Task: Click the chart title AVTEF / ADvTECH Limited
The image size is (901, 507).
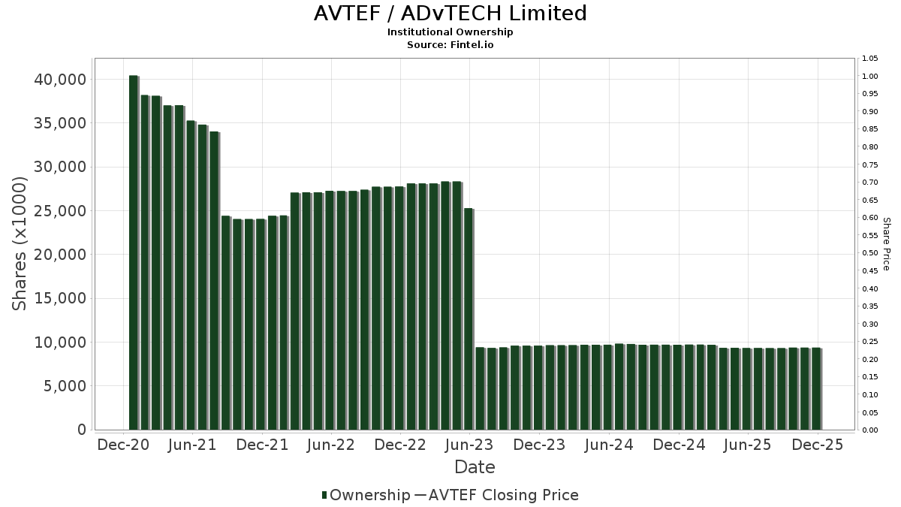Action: coord(450,14)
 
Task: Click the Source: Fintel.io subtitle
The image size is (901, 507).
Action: coord(450,44)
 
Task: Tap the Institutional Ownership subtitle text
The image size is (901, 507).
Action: coord(450,32)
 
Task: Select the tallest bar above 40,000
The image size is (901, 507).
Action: coord(134,252)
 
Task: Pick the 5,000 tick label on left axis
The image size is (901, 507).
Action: coord(64,386)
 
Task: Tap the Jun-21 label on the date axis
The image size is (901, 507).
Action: coord(193,445)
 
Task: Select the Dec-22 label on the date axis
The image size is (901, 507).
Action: coord(400,445)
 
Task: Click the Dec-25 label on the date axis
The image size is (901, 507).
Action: coord(818,445)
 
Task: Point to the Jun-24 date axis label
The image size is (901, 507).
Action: coord(609,445)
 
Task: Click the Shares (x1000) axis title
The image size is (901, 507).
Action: coord(20,243)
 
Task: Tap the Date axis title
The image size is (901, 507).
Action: coord(475,467)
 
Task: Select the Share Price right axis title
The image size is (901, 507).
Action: coord(886,243)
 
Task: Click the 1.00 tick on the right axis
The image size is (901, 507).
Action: coord(870,76)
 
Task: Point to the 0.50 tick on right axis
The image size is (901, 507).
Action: coord(870,253)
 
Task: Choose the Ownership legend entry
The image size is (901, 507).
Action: coord(366,495)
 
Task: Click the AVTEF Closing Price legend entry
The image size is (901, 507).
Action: coord(496,495)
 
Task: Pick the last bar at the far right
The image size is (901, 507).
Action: coord(816,389)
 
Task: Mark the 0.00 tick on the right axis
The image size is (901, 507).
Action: coord(870,430)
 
